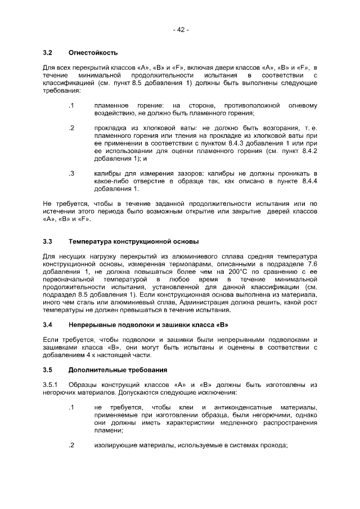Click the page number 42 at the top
pyautogui.click(x=181, y=30)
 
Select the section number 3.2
pyautogui.click(x=48, y=53)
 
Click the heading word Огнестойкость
pyautogui.click(x=93, y=53)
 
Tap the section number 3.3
pyautogui.click(x=48, y=242)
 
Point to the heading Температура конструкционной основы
pyautogui.click(x=133, y=242)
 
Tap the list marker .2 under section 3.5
pyautogui.click(x=71, y=445)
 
